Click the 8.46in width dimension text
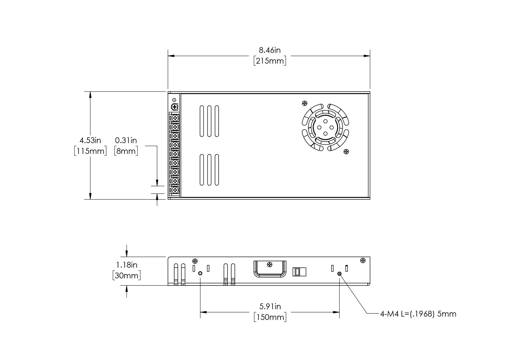point(270,50)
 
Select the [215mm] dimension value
point(270,61)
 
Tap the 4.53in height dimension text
point(90,140)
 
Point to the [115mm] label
point(90,151)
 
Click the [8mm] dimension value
point(126,151)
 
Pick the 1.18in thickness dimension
point(127,265)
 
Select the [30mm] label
point(127,275)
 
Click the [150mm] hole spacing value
point(270,317)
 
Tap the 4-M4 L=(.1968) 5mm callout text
point(418,314)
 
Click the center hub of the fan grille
point(325,127)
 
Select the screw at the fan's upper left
point(305,103)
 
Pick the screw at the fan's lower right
point(346,151)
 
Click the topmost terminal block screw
point(175,118)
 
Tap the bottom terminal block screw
point(175,190)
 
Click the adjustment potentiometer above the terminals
point(174,107)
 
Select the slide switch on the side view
point(299,272)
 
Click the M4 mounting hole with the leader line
point(339,274)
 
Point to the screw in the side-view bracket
point(270,265)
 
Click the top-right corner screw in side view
point(363,260)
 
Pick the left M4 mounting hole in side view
point(200,273)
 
